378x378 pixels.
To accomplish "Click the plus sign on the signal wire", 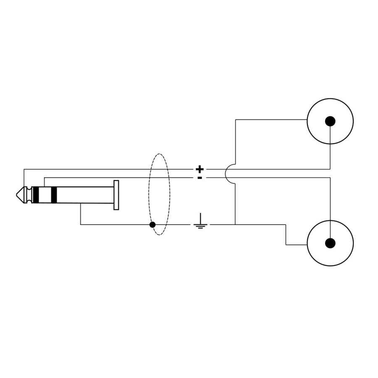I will [200, 169].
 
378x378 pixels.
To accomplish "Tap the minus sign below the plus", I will [200, 178].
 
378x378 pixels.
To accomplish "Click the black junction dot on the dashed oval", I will [152, 225].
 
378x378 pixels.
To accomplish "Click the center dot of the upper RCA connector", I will [330, 121].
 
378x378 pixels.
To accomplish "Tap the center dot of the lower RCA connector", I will [330, 243].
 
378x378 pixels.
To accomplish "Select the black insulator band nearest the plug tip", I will [36, 195].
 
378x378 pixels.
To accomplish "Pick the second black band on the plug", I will [53, 195].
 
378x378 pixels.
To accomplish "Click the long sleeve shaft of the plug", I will [84, 195].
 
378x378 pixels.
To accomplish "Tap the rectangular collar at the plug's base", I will [116, 195].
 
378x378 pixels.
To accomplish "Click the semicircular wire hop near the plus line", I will [229, 173].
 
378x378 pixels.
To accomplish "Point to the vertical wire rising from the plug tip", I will [24, 178].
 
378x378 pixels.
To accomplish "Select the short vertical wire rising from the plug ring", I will [44, 182].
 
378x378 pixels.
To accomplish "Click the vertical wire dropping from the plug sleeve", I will [81, 214].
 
